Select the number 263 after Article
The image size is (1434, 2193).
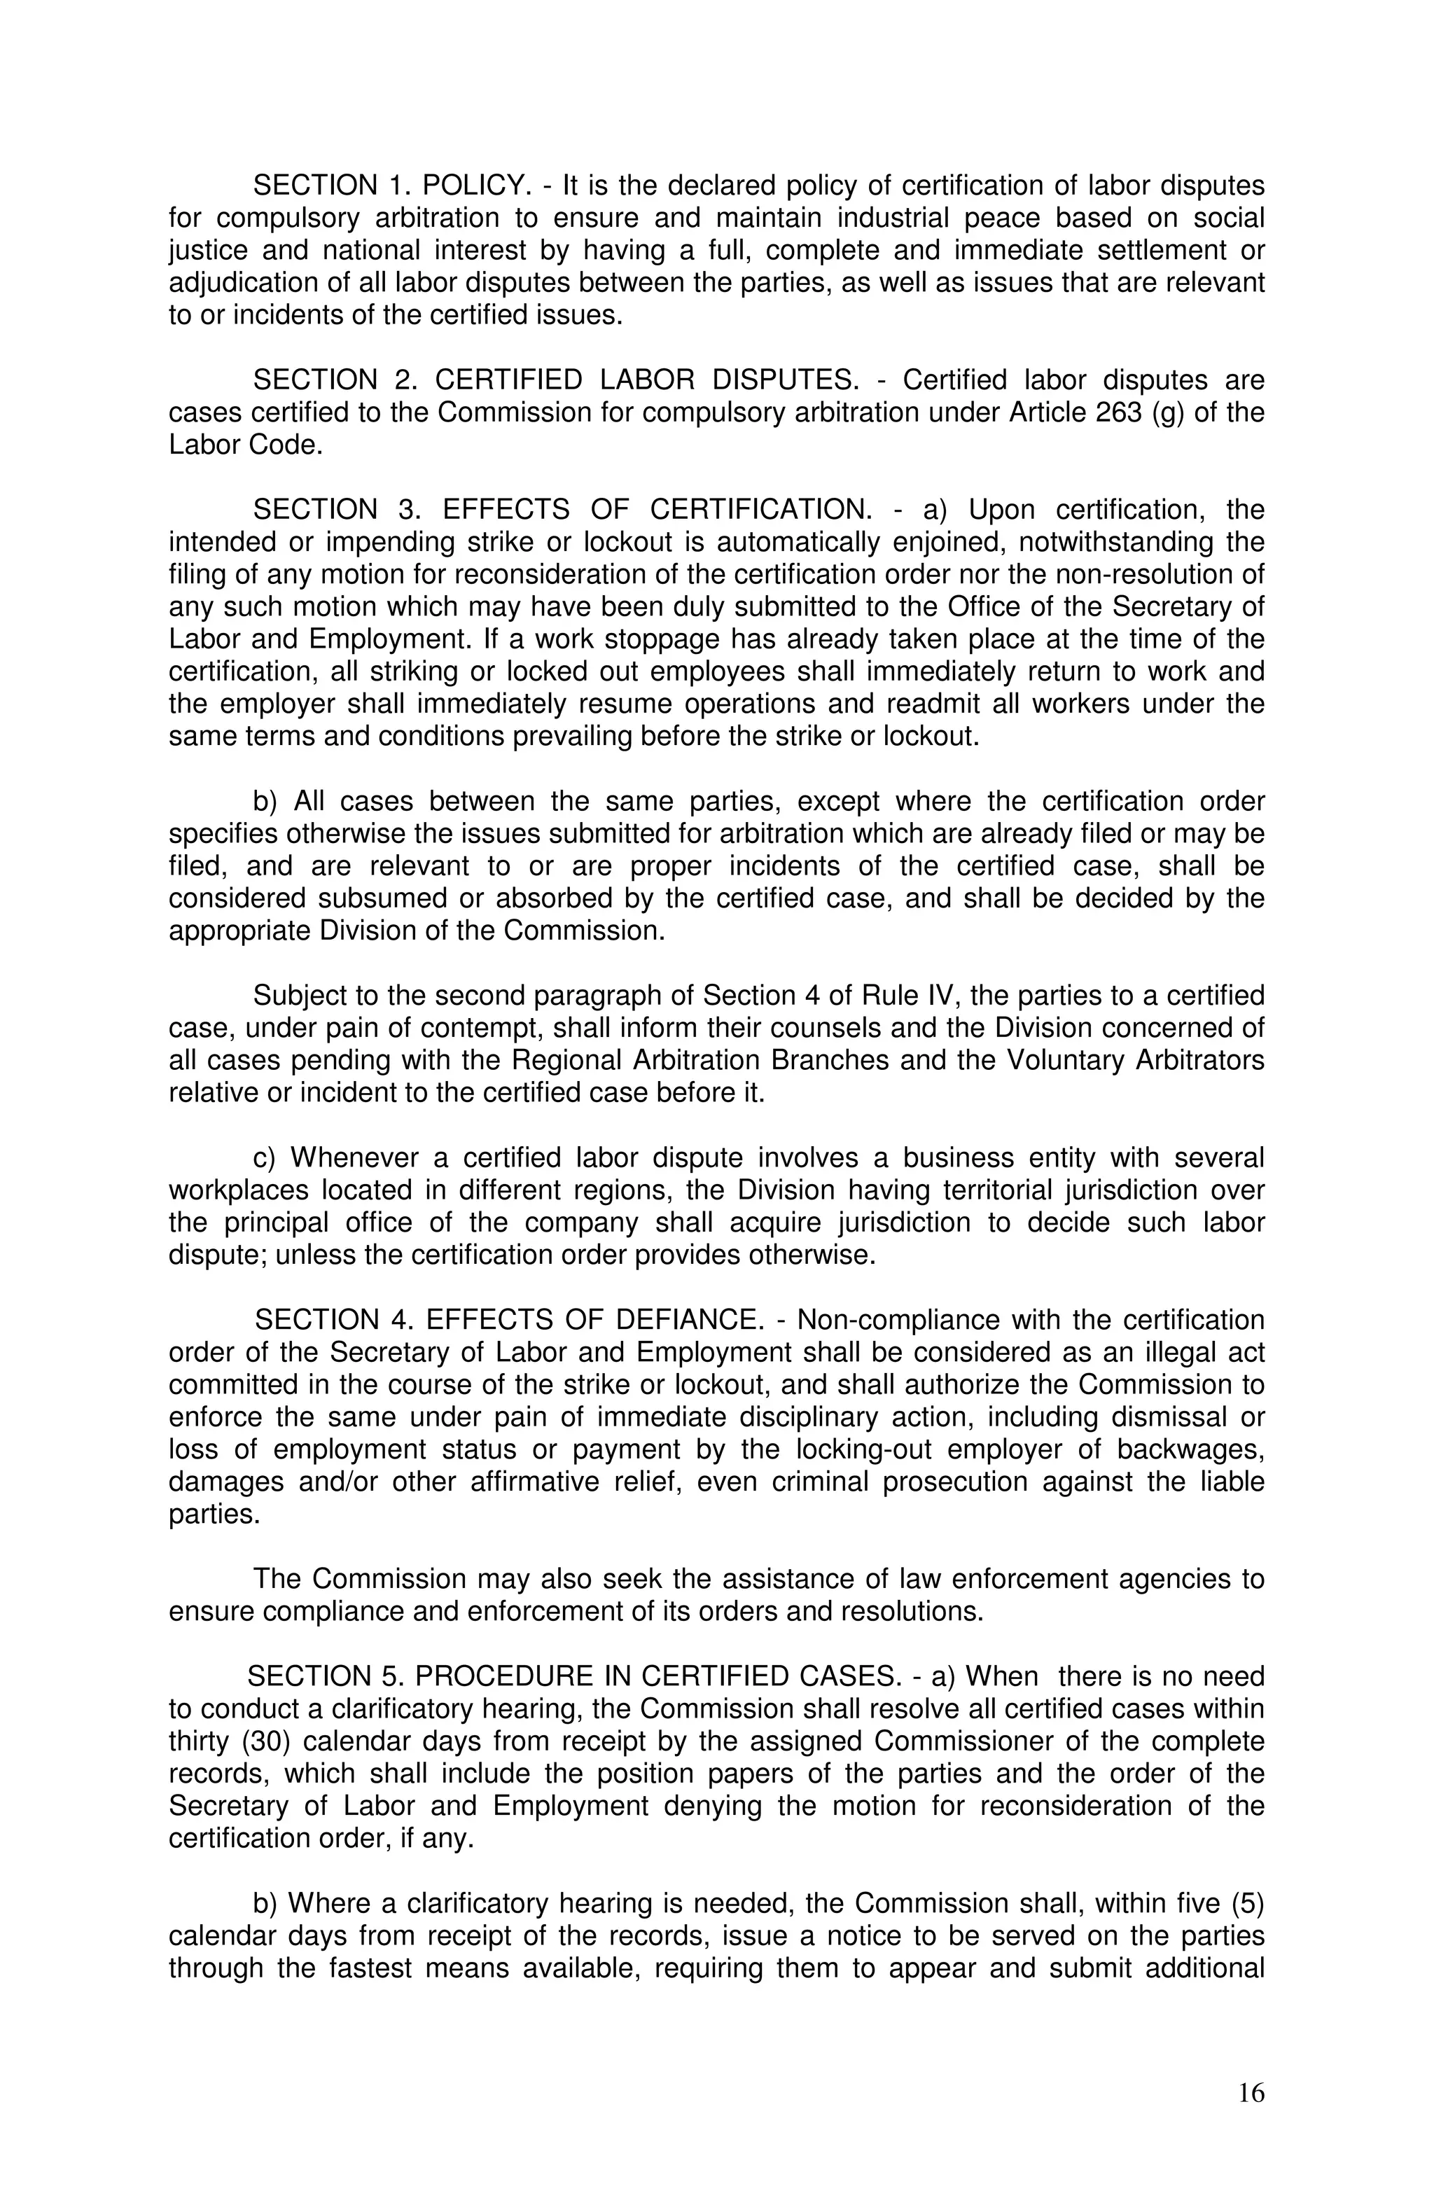[1119, 413]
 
